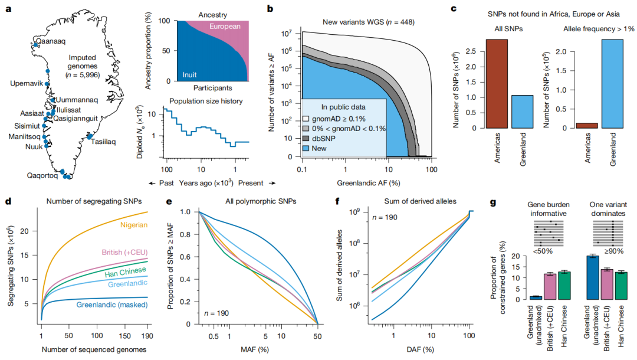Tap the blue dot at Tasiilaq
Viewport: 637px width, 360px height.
(89, 138)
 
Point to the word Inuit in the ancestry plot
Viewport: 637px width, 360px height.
(189, 75)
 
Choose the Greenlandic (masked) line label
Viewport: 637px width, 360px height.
(111, 306)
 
